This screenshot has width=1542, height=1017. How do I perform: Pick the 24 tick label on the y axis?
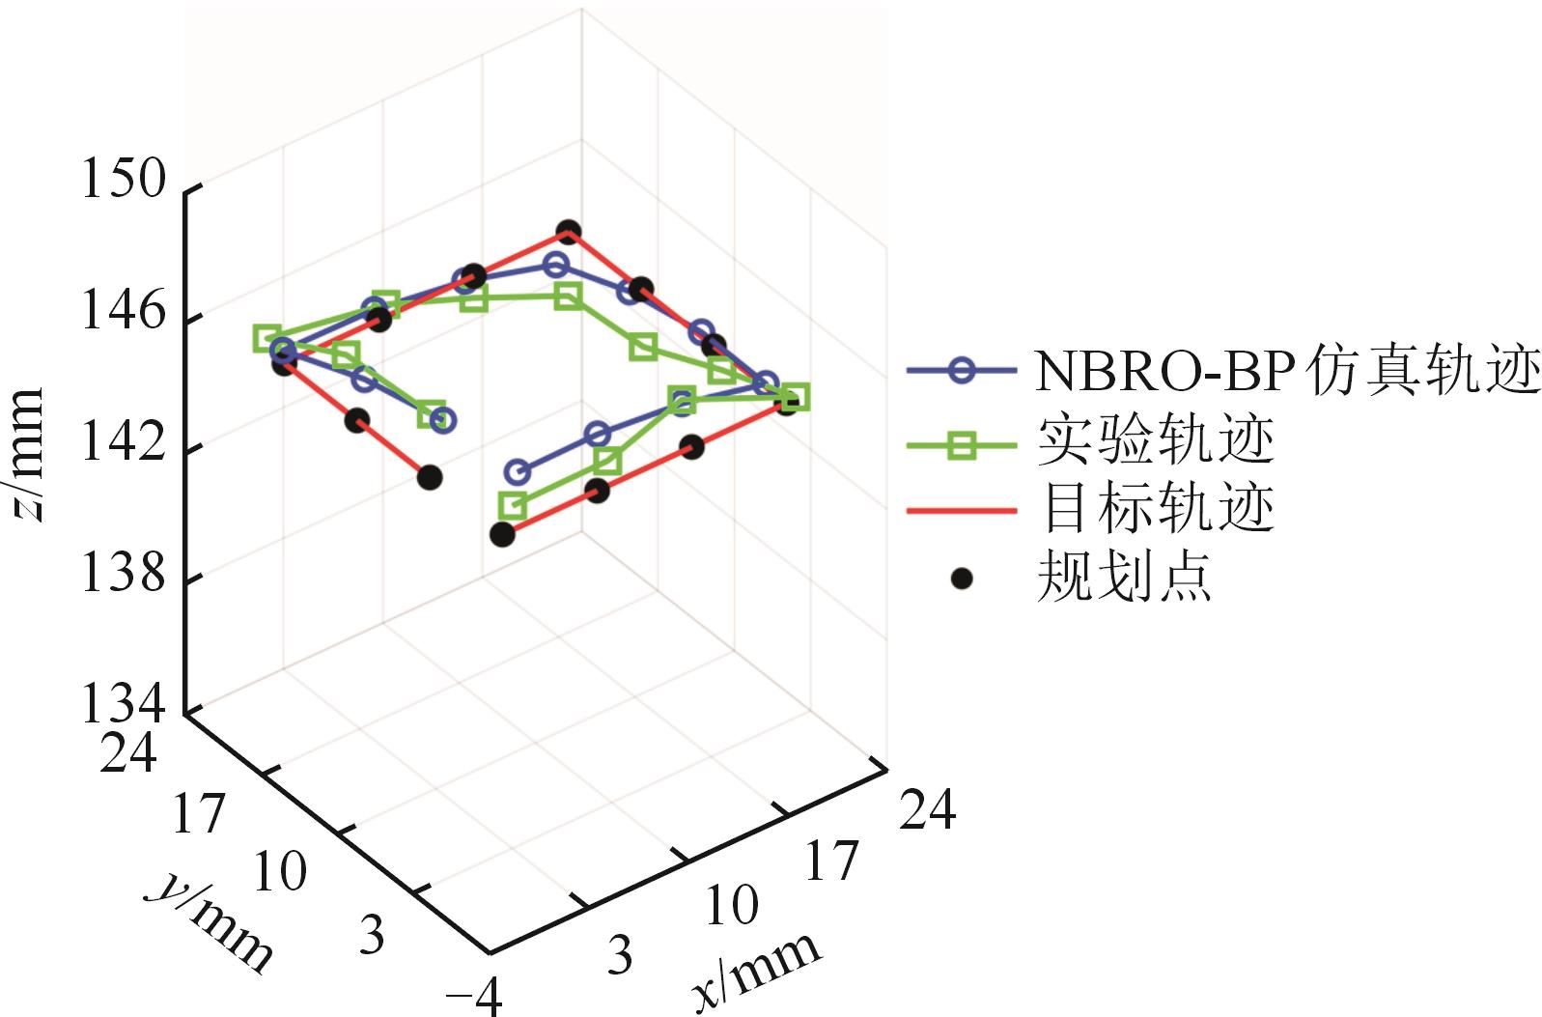[127, 752]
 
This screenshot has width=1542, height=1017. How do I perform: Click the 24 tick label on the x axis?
[927, 808]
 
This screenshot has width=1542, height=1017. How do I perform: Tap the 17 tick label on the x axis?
[829, 860]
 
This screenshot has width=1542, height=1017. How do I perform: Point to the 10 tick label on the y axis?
[279, 870]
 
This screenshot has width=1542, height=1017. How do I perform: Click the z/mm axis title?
[28, 454]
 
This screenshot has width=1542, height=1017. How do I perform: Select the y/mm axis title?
[211, 923]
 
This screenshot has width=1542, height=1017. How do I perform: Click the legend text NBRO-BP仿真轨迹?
[1286, 371]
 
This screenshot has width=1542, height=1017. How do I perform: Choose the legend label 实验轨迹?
[1155, 440]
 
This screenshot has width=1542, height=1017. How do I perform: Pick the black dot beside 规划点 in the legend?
[961, 579]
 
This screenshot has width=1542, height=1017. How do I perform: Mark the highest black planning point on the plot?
[568, 232]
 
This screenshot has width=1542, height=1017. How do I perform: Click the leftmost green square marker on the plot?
[267, 338]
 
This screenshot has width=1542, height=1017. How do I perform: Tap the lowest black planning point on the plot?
[502, 534]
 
